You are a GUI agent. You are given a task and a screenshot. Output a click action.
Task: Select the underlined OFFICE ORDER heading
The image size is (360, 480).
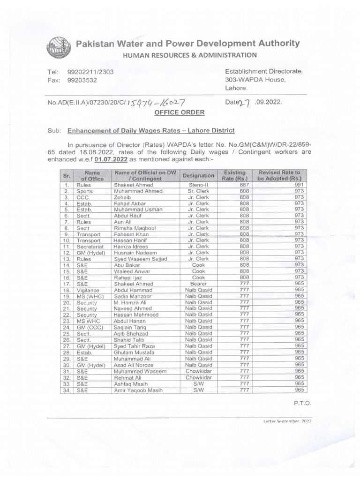[x=180, y=112]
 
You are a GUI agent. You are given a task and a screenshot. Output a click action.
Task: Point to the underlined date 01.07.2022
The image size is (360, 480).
[x=111, y=160]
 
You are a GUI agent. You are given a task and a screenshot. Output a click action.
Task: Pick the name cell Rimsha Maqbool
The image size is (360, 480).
[x=135, y=228]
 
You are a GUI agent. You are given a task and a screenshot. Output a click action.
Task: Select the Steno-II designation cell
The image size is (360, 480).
[x=195, y=185]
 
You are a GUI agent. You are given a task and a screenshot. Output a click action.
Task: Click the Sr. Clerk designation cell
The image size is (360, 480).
[x=195, y=191]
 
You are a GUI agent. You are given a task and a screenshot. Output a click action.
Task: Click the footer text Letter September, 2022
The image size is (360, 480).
[x=287, y=421]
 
